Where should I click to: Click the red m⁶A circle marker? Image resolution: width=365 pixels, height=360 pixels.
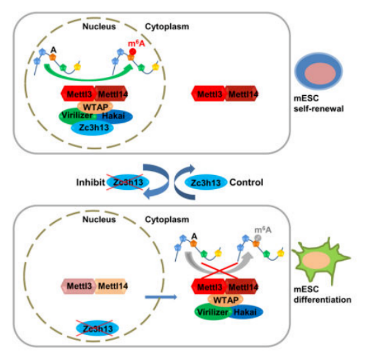132,51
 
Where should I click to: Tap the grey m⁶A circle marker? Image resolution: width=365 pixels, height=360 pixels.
258,238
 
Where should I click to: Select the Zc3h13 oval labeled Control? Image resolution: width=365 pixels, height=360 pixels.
206,182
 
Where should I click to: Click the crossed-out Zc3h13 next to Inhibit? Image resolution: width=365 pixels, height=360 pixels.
128,182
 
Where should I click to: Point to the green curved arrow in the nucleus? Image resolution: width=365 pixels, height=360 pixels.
89,78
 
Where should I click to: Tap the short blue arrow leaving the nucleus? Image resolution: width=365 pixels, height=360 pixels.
161,297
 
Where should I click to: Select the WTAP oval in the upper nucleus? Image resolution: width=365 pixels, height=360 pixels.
95,107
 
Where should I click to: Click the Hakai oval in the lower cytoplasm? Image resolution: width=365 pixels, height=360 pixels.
245,312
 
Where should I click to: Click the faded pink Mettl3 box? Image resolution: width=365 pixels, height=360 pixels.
79,286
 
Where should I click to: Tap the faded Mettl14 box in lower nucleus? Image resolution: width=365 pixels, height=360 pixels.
112,286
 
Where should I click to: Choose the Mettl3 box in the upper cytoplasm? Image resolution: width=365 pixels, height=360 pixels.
209,94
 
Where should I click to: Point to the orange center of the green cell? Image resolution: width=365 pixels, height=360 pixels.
316,261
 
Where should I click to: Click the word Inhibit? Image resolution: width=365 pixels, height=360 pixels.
90,182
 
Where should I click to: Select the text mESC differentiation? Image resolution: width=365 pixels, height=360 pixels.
322,294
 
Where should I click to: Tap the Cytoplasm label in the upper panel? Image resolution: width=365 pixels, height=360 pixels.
167,26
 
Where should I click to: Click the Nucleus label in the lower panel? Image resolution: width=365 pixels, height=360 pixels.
99,220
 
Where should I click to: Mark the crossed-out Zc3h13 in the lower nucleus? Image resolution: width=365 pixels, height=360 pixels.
98,328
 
